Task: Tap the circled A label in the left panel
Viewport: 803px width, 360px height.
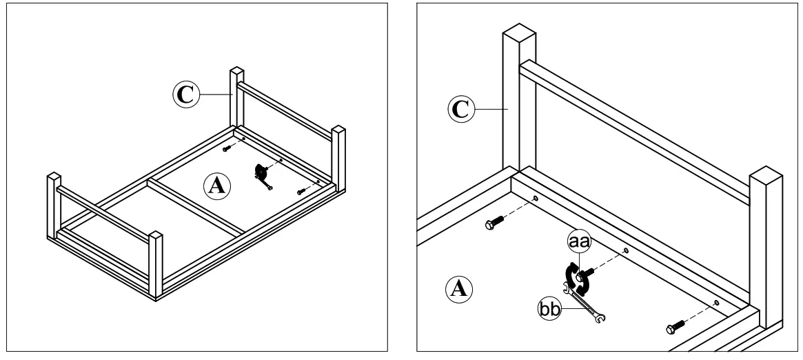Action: click(x=217, y=185)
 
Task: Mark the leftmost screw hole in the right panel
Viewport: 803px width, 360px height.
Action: click(x=535, y=199)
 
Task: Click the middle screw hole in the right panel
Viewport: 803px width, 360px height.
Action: click(x=625, y=250)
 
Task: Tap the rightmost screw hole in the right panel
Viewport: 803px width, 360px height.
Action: click(x=716, y=302)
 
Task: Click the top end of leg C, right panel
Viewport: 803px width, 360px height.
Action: click(x=519, y=34)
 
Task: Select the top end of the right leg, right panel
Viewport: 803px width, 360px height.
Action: click(x=767, y=174)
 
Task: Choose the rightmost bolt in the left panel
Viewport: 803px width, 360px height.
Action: click(x=301, y=191)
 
